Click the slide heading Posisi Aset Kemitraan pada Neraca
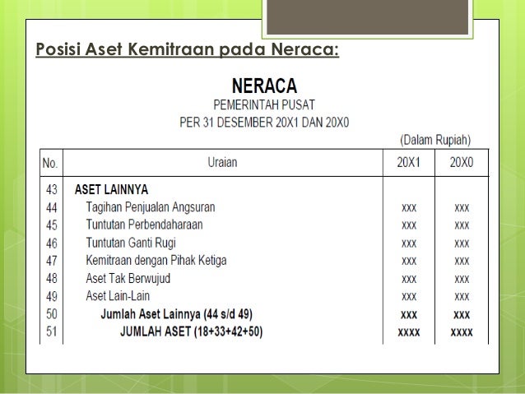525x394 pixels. (x=187, y=52)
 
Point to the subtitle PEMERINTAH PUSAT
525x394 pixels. (x=263, y=105)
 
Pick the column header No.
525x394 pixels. (x=51, y=162)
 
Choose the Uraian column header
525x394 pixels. (x=221, y=162)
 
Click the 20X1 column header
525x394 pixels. (x=408, y=162)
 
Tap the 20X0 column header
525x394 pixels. (x=461, y=162)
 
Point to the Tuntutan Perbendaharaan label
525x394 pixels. (x=144, y=225)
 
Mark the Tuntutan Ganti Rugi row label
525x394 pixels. (x=131, y=243)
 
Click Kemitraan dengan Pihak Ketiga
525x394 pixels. (x=156, y=261)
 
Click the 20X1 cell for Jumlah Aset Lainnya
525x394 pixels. (x=408, y=314)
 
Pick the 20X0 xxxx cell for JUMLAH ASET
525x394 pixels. (x=461, y=332)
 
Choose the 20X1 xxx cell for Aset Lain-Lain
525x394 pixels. (x=408, y=296)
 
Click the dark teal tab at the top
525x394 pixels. (x=371, y=17)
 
